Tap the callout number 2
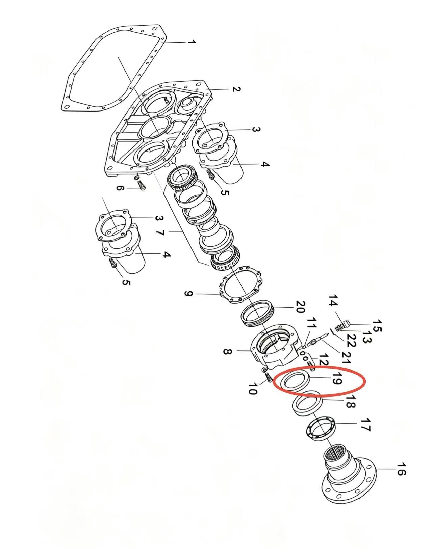pyautogui.click(x=236, y=89)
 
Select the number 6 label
pyautogui.click(x=120, y=188)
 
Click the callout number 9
pyautogui.click(x=188, y=294)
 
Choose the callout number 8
pyautogui.click(x=228, y=351)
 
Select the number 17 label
pyautogui.click(x=365, y=424)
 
